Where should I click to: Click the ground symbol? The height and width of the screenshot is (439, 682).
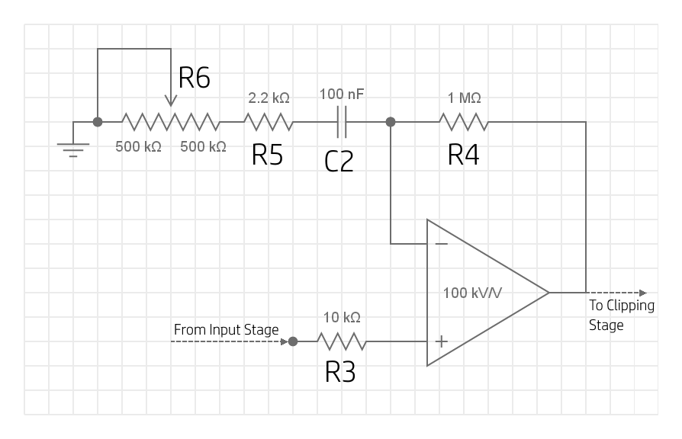coord(73,148)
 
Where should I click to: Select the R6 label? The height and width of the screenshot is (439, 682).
coord(194,78)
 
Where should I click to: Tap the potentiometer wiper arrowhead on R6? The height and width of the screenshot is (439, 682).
coord(171,101)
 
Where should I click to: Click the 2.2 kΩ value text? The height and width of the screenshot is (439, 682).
coord(269,98)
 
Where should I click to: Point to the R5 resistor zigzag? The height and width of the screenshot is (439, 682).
coord(268,122)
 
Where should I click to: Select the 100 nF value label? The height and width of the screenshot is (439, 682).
coord(342,95)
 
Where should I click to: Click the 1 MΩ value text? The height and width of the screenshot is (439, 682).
coord(464,98)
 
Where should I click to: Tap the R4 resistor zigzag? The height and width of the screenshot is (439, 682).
coord(463,122)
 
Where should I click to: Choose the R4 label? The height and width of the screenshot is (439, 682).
coord(464,155)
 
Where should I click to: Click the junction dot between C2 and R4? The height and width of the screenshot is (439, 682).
coord(391,122)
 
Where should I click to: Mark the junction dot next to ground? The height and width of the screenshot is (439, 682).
coord(98,122)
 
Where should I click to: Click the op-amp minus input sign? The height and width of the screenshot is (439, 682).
coord(441,244)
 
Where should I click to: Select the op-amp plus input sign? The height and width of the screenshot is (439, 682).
coord(441,341)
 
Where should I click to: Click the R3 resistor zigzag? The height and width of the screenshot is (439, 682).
coord(342,341)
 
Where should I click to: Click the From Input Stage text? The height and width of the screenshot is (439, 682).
coord(226,330)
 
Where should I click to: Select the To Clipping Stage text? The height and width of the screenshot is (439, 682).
coord(621,315)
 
